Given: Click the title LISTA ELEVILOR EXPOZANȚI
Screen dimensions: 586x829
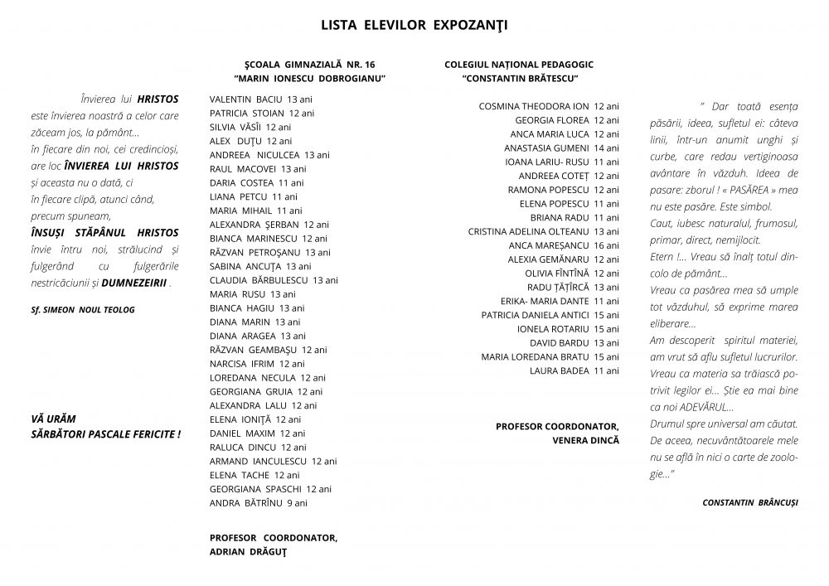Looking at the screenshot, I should (x=414, y=25).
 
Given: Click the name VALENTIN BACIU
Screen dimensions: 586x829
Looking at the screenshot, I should (x=246, y=99).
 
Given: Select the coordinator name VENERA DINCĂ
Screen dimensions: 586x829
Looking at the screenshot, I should (x=585, y=440).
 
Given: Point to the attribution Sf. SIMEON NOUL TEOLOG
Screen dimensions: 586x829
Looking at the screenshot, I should (x=81, y=309).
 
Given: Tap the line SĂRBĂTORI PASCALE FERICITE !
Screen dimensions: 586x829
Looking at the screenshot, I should (x=104, y=433).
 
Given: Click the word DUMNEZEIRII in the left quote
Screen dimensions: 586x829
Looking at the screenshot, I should (x=138, y=283).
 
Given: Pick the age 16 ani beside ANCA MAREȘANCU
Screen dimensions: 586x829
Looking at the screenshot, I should (x=606, y=245).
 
